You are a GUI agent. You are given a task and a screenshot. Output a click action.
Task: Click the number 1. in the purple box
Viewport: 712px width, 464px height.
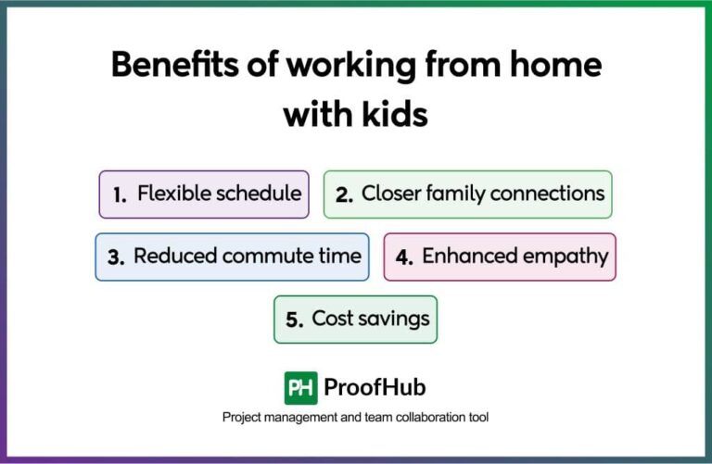(x=120, y=194)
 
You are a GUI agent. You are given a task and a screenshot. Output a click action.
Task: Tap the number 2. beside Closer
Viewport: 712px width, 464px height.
(x=345, y=194)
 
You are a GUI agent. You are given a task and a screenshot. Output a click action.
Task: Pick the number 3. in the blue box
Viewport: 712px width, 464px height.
(x=116, y=257)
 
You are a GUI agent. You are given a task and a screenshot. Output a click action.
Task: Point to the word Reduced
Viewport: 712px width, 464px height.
(x=172, y=257)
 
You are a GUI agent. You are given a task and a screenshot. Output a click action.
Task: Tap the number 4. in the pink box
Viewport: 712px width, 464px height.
(x=404, y=257)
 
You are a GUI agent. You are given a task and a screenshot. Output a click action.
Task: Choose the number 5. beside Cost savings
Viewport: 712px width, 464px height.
(x=295, y=320)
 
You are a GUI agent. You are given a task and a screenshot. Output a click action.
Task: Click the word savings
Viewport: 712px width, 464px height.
(x=396, y=320)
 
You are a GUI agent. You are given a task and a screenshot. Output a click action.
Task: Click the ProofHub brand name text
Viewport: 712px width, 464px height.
(x=375, y=387)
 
